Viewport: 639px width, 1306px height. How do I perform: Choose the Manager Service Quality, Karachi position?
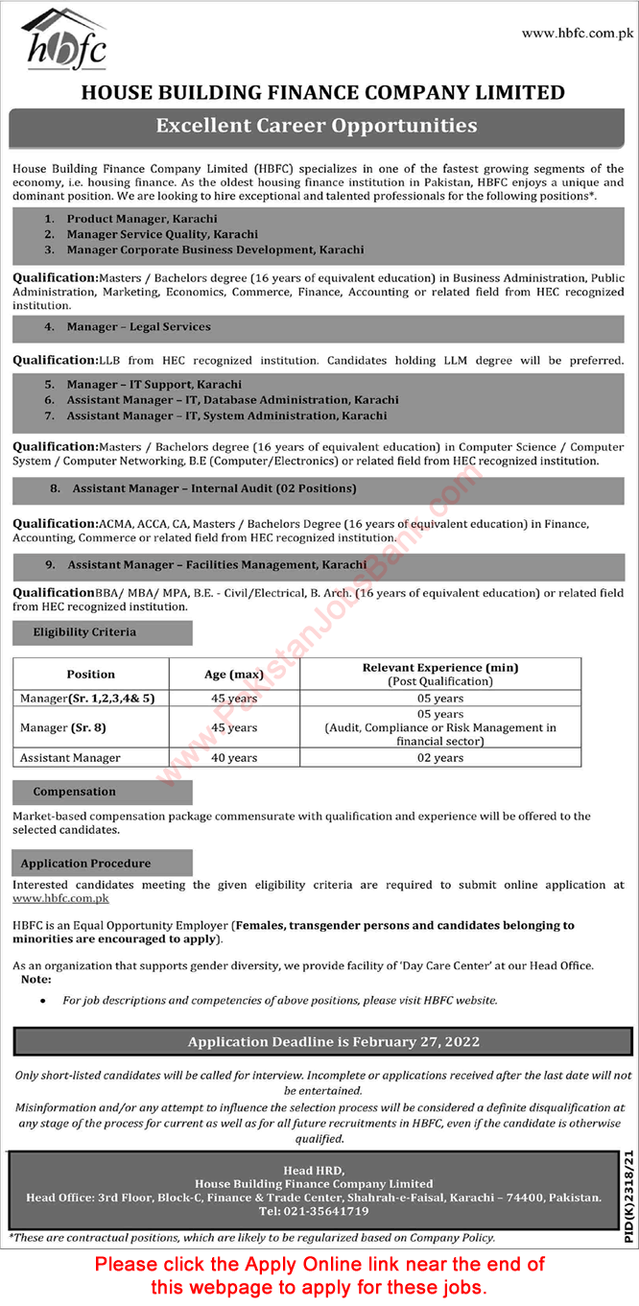[x=162, y=234]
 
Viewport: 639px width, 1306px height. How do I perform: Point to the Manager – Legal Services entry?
[x=138, y=327]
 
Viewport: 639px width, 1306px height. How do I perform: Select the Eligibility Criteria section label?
[x=84, y=632]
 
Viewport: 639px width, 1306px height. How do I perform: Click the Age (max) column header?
[x=229, y=675]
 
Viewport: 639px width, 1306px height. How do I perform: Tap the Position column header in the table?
[x=91, y=675]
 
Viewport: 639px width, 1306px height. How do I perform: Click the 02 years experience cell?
[x=440, y=758]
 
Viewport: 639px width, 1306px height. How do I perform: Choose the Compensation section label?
[x=74, y=793]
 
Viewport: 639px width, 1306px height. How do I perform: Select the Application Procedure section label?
[x=86, y=864]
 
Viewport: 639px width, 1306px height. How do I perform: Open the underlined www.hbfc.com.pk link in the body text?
[x=60, y=899]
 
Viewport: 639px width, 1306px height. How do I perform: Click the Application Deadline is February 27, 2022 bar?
[x=333, y=1041]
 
